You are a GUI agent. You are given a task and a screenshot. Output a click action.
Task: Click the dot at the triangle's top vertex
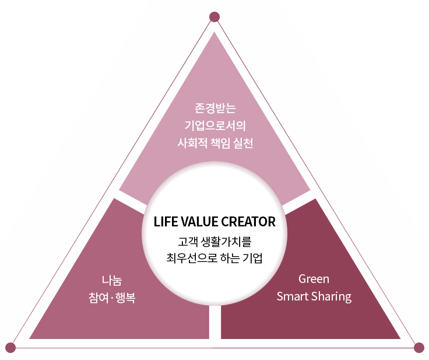214,17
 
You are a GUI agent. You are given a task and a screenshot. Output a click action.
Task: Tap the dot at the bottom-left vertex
10,348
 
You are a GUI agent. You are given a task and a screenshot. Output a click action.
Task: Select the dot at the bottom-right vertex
419,348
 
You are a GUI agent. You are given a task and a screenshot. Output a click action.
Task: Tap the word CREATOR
248,222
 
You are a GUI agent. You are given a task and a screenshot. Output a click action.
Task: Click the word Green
314,279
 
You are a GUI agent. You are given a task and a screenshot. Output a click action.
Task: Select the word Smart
293,296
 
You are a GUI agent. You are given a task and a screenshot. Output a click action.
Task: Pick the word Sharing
331,297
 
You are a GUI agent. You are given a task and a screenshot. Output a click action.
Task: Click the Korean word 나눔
112,280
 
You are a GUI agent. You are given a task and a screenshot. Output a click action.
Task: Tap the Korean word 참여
99,298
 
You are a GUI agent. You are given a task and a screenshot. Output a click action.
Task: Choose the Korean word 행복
125,298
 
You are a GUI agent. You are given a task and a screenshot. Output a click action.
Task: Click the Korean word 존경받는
215,108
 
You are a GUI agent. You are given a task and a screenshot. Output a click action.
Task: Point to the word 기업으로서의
215,126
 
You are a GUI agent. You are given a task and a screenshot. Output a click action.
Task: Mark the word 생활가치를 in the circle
226,242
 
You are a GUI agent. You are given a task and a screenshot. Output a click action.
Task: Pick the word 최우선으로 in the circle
192,258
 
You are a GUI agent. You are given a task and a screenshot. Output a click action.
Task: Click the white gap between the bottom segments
215,322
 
